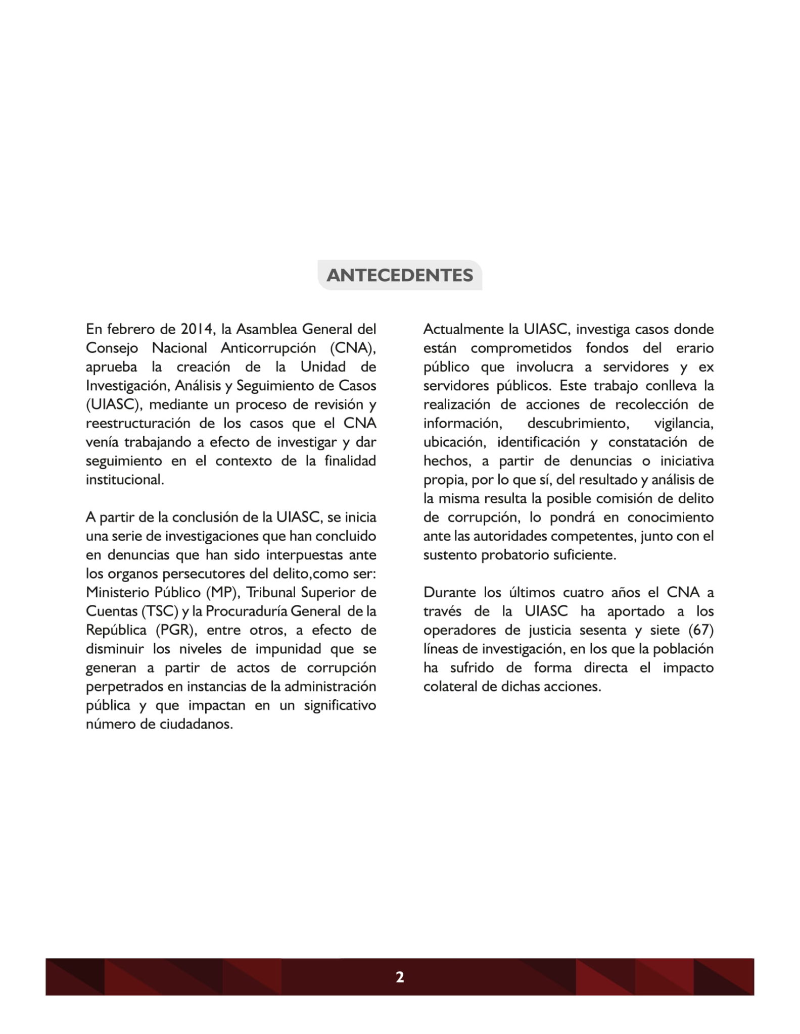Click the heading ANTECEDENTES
[x=400, y=275]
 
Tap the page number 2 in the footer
[x=400, y=977]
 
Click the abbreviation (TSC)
[x=160, y=611]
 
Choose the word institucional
[x=125, y=479]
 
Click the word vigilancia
[x=684, y=423]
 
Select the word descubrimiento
[x=578, y=423]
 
